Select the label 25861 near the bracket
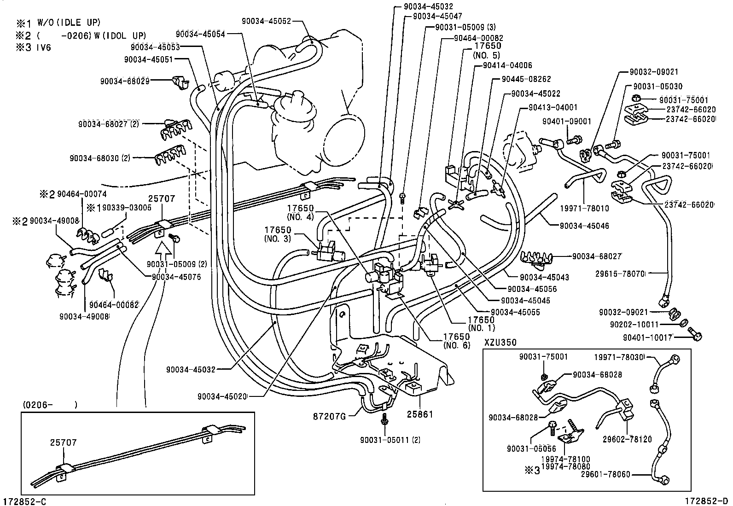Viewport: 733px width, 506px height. tap(420, 415)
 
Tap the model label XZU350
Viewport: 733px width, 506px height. tap(500, 343)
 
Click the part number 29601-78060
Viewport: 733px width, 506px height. tap(605, 474)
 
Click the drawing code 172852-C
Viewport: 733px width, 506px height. tap(25, 500)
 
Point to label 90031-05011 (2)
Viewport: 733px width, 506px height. tap(391, 440)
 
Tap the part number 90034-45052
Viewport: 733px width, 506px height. tap(267, 20)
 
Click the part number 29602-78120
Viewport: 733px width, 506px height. tap(627, 439)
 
